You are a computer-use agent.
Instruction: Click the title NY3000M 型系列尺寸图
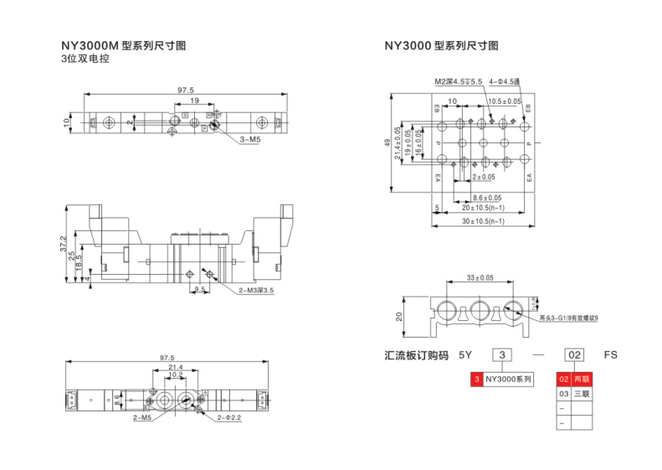click(124, 45)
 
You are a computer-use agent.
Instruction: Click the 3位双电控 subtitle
click(85, 59)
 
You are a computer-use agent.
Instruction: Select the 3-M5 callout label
click(250, 140)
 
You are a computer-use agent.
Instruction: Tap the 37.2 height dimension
click(63, 243)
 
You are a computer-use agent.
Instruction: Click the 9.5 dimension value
click(199, 289)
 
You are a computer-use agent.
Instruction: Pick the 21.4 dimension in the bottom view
click(176, 367)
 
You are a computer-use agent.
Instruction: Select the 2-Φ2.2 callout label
click(229, 416)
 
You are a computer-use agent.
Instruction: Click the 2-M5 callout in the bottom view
click(141, 416)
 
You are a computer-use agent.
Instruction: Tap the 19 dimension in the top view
click(193, 101)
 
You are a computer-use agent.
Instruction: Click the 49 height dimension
click(387, 143)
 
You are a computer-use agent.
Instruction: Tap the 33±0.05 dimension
click(480, 277)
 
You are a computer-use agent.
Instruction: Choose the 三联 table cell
click(581, 393)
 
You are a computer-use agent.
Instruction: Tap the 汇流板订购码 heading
click(416, 355)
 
